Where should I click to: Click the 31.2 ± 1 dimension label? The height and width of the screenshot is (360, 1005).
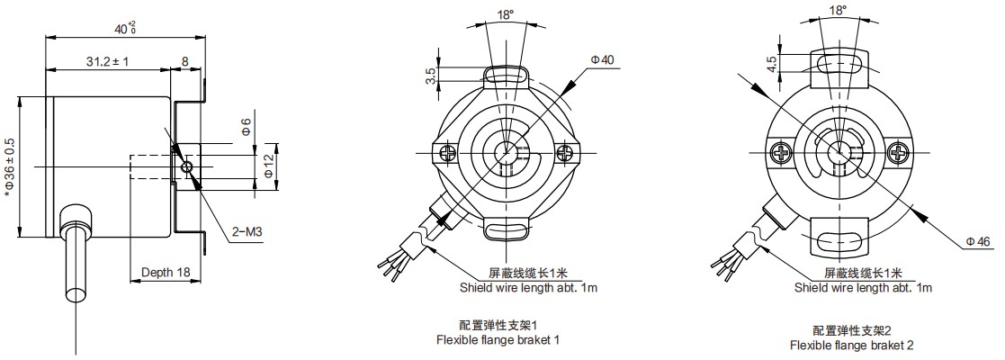coord(108,62)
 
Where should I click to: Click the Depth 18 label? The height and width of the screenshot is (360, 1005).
coord(166,272)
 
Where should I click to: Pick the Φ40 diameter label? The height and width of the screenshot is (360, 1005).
coord(602,59)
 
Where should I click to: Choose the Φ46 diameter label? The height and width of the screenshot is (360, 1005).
coord(977,241)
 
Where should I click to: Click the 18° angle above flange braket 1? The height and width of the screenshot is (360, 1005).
coord(506,14)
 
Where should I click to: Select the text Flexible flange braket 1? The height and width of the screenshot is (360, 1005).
coord(498,340)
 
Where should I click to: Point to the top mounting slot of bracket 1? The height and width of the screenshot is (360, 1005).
coord(507,74)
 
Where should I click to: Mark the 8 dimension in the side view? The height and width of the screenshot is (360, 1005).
coord(185,62)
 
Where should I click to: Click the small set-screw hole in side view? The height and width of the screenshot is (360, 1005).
coord(186,166)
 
